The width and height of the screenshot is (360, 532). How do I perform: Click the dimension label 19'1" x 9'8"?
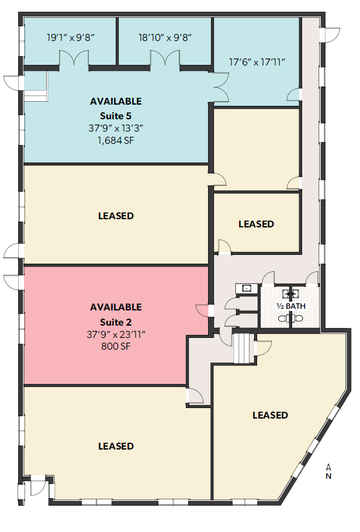70,38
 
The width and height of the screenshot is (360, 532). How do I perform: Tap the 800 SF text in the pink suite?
116,346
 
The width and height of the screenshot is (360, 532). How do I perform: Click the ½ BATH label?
290,306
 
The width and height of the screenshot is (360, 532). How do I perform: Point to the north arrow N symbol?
329,476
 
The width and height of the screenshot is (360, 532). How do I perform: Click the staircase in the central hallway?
241,348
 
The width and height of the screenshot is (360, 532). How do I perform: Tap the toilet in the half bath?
290,318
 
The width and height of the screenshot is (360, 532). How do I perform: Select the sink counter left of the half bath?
247,288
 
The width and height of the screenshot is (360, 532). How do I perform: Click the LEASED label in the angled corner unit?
270,415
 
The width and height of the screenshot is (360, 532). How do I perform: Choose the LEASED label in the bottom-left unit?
116,446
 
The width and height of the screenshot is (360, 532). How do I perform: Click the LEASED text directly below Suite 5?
116,216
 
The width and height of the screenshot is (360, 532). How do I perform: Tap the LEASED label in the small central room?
256,224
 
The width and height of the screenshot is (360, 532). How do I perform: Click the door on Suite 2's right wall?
203,310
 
